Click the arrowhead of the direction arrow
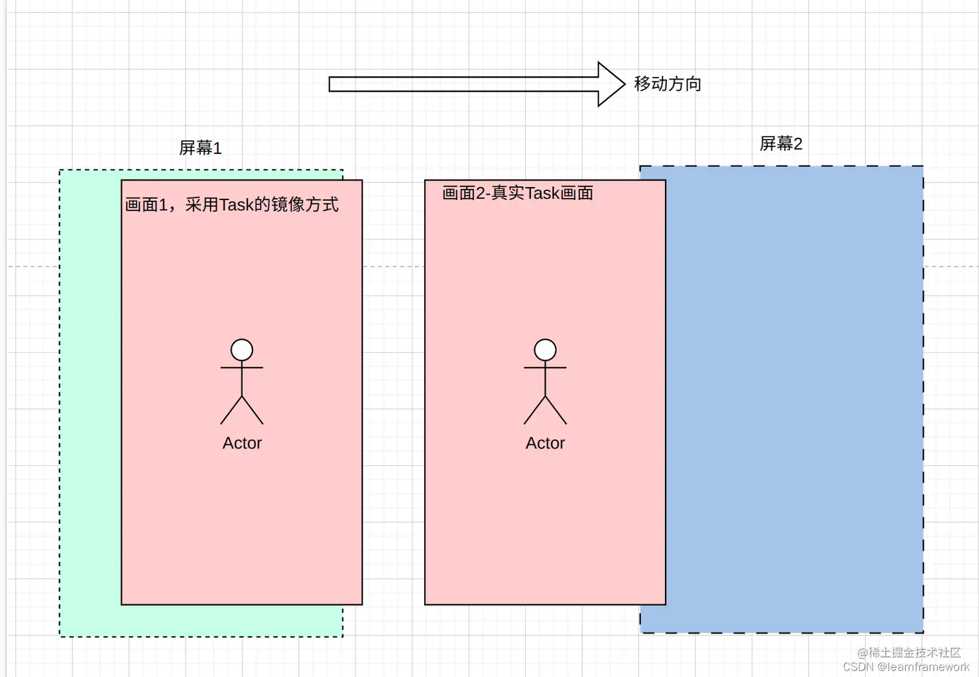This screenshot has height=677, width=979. (611, 84)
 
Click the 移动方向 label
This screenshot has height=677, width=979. (668, 84)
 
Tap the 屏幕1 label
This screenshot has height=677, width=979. (200, 148)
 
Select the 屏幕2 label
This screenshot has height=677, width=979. (781, 144)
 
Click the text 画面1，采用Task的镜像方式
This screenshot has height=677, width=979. (232, 205)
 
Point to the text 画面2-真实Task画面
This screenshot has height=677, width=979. (517, 194)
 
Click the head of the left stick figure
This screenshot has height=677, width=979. (242, 350)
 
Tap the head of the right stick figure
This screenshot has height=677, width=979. (545, 350)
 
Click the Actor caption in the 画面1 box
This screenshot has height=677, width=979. (242, 443)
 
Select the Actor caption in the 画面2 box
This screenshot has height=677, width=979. (545, 443)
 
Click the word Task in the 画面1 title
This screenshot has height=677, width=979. (236, 205)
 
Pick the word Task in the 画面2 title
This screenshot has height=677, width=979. (542, 194)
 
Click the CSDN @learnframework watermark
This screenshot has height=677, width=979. (906, 667)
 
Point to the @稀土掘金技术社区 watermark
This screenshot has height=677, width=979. (909, 653)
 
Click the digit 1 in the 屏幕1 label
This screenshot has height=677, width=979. (218, 149)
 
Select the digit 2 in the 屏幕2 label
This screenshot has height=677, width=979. (798, 144)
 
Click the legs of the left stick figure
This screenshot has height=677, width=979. (242, 411)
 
